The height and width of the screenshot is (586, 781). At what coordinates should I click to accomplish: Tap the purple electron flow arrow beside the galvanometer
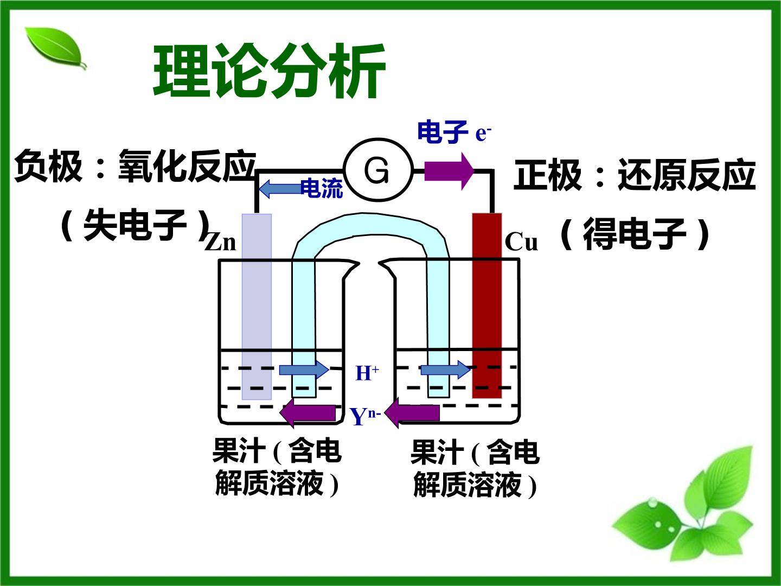click(450, 171)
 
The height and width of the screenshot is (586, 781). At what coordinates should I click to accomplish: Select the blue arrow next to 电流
click(280, 189)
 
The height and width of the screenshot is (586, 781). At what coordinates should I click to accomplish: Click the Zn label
click(221, 242)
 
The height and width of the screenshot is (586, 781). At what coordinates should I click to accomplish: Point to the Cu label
click(521, 242)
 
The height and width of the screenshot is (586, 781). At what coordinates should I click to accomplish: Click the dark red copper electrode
click(486, 305)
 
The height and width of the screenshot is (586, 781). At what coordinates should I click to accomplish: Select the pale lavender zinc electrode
click(257, 307)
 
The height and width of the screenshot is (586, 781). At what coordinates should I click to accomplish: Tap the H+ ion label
click(367, 373)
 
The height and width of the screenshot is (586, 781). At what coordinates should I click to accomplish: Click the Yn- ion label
click(365, 416)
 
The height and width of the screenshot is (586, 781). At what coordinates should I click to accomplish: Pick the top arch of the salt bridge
click(370, 225)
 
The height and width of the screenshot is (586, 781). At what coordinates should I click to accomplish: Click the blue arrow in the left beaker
click(304, 370)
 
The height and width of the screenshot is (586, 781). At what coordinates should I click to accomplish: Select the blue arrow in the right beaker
click(445, 370)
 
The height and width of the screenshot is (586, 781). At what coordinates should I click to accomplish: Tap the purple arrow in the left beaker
click(308, 413)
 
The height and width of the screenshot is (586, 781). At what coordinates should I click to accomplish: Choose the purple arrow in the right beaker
click(412, 413)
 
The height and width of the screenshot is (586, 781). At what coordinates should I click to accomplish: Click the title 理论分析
click(270, 71)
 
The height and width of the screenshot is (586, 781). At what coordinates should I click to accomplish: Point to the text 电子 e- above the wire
click(454, 132)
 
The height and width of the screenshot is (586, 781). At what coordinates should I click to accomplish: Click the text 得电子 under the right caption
click(635, 234)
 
